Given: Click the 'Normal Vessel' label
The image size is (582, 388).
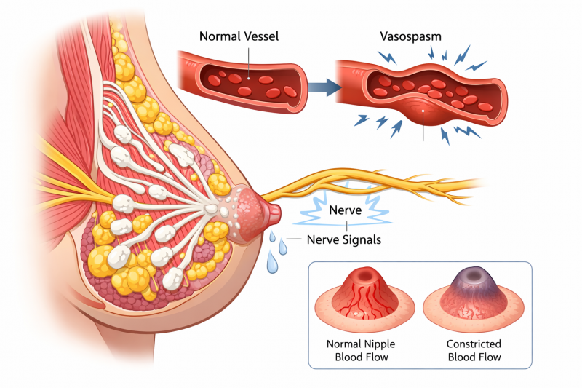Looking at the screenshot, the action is coord(239,36).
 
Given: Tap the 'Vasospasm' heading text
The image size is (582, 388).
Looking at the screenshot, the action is coord(410,36).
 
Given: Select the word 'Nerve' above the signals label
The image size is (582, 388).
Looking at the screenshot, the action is coord(345,210).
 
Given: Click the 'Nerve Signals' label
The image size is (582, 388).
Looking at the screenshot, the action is coord(343,239).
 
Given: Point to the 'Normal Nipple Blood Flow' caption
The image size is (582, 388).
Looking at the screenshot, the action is coord(361,350).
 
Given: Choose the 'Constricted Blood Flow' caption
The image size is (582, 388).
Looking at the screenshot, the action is coord(474,350).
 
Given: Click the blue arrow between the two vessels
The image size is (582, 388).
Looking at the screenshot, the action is coord(324,87).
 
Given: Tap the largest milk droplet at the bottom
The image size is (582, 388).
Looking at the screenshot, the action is coord(272,263).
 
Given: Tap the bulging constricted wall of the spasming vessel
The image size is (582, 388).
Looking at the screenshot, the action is coord(423,111).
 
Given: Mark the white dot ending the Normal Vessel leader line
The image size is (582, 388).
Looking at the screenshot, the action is coord(249,79).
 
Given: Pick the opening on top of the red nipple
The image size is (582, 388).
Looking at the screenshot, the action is coord(364,276).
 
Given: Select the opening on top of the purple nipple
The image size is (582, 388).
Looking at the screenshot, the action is coord(474,275).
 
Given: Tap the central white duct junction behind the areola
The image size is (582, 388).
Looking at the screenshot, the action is coord(211,209).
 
